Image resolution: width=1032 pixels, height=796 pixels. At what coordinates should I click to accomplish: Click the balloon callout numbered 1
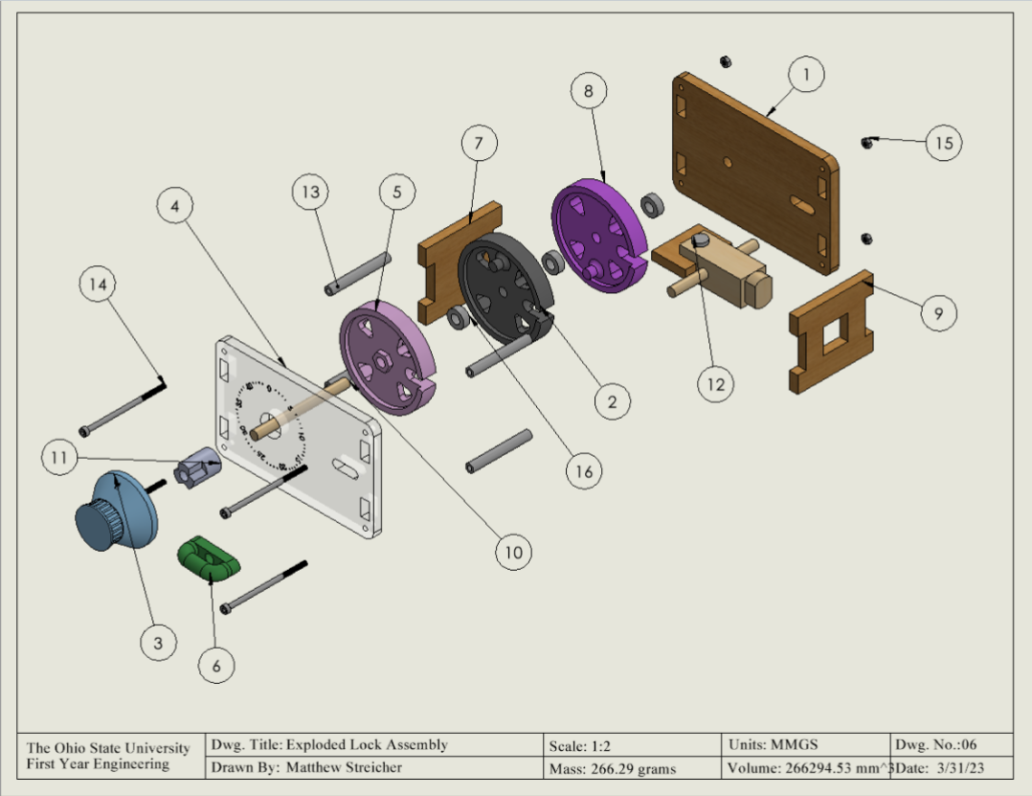[x=806, y=74]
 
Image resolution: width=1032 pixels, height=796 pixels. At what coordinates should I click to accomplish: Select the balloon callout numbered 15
[x=944, y=143]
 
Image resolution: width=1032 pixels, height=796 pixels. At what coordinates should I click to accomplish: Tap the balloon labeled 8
[x=588, y=92]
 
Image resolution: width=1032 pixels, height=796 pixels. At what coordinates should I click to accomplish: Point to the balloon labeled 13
[x=310, y=193]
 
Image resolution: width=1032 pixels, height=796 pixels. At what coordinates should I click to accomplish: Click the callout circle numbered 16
[x=584, y=470]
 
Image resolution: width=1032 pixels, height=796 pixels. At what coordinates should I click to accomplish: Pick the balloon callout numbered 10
[x=513, y=551]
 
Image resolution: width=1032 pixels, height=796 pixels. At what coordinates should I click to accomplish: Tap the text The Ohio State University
[x=108, y=747]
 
